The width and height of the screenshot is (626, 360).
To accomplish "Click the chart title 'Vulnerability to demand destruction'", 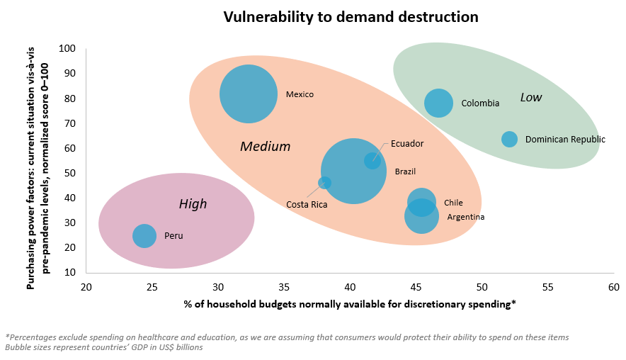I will [x=351, y=16].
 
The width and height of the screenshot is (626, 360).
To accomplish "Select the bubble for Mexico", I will [x=248, y=94].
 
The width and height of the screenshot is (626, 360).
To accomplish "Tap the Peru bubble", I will [x=144, y=236].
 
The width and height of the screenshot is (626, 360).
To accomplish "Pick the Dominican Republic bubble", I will [x=509, y=140].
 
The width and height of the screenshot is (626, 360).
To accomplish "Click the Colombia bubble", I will [x=439, y=103].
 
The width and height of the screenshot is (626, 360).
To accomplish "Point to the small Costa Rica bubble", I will [x=325, y=183].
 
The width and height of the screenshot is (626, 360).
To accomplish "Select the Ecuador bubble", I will [x=372, y=161].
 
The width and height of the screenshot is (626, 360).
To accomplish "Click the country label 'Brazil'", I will [x=405, y=171].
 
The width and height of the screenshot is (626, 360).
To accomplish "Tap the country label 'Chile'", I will [x=453, y=203].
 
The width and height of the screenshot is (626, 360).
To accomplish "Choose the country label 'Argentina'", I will [x=465, y=217].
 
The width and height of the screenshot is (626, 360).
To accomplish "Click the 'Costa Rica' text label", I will [x=307, y=205].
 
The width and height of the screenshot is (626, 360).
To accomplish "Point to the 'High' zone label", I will [x=193, y=204].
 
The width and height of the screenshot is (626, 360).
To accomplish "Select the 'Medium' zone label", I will [x=266, y=147].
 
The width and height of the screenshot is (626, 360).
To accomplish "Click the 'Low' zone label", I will [x=530, y=98].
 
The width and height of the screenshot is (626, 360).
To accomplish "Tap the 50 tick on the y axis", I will [x=70, y=173].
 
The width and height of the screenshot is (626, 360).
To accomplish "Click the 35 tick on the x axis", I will [x=283, y=287].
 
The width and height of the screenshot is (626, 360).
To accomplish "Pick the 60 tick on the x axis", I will [x=613, y=287].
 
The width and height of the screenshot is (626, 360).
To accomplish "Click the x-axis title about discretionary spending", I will [x=350, y=304].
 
